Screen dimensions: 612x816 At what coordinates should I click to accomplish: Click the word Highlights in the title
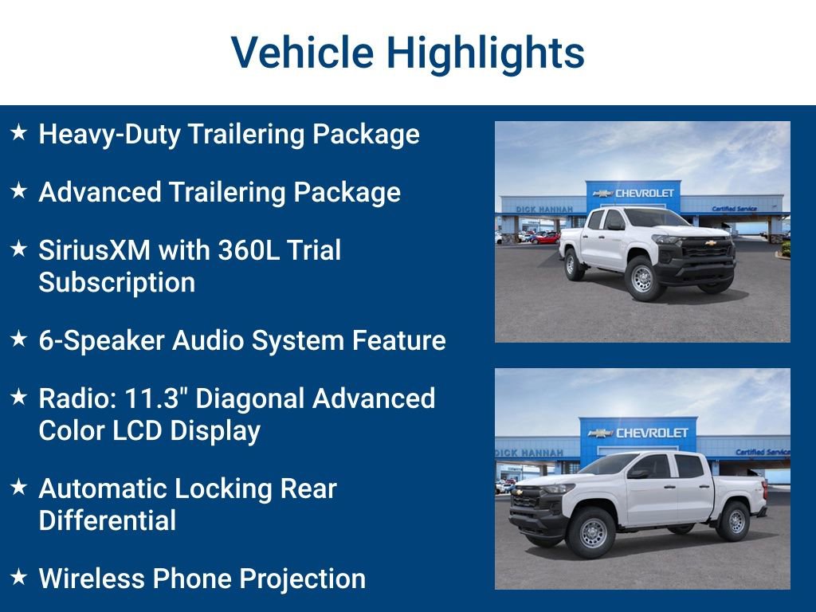485,53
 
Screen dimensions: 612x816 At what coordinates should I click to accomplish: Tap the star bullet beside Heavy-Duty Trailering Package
19,133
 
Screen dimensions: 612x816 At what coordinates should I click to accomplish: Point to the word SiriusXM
94,250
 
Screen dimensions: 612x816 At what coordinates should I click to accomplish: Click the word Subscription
116,283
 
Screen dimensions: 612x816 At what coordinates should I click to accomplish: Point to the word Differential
107,521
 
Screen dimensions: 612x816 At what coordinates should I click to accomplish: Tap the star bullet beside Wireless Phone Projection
19,578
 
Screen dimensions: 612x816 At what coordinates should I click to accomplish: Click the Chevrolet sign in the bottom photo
637,433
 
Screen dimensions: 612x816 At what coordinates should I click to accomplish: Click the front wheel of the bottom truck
593,532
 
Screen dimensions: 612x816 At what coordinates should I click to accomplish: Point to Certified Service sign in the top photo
735,208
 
